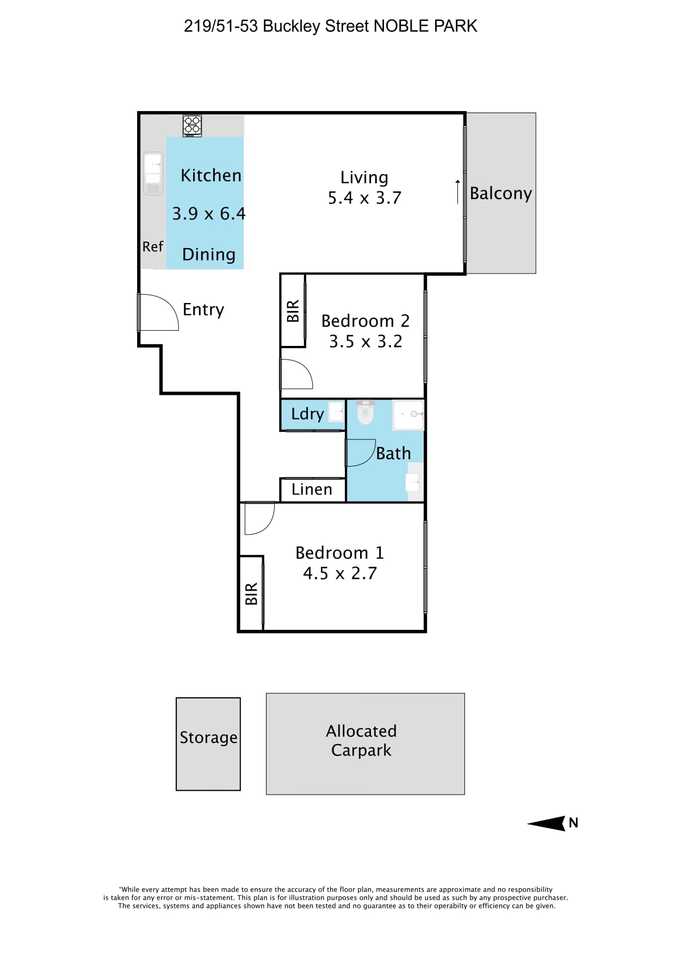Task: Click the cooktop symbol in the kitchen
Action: coord(192,126)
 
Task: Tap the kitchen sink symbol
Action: coord(153,174)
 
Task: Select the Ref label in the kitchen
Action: coord(153,247)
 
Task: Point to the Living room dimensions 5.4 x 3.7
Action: coord(364,198)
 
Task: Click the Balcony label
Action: coord(501,194)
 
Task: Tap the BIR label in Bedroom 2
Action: coord(293,311)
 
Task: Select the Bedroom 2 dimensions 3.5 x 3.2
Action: coord(366,342)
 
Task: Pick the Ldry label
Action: coord(307,414)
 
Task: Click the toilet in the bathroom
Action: coord(366,412)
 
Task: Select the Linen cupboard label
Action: coord(312,490)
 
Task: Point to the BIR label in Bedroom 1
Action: coord(251,594)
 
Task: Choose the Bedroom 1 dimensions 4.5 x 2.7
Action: coord(340,573)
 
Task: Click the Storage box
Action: coord(208,744)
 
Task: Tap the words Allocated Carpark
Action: coord(362,740)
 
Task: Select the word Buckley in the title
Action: coord(292,26)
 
